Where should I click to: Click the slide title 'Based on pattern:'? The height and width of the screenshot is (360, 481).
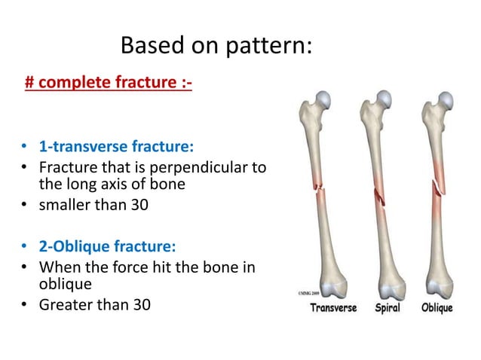tap(216, 46)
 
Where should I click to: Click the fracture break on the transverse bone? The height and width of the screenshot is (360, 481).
tap(323, 191)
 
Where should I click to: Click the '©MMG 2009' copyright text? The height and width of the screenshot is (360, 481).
tap(304, 292)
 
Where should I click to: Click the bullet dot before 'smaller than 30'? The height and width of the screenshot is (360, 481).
tap(24, 203)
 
